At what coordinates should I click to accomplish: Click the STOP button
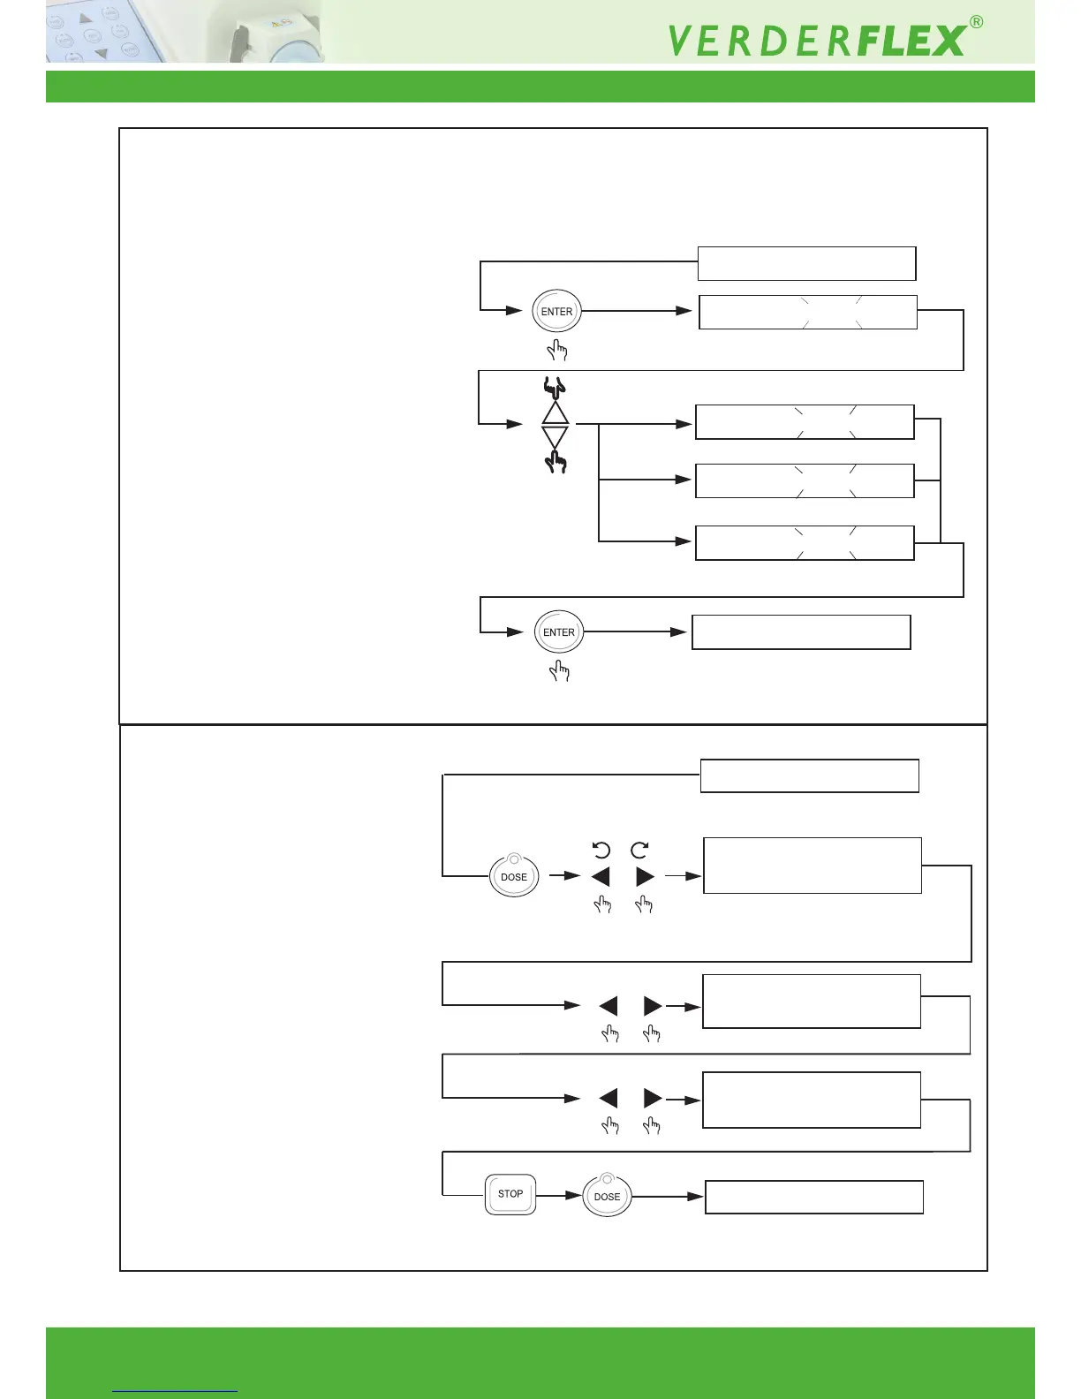[x=510, y=1194]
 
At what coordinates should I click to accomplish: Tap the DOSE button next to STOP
[x=607, y=1197]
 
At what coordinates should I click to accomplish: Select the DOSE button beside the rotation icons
[x=514, y=876]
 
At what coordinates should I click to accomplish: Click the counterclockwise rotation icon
[x=601, y=850]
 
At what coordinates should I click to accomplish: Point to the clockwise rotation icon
[x=639, y=850]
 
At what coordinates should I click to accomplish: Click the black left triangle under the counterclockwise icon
[x=601, y=876]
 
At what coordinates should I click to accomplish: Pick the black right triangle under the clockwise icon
[x=645, y=876]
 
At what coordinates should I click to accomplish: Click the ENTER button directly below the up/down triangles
[x=559, y=632]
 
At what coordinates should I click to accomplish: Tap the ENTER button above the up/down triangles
[x=556, y=312]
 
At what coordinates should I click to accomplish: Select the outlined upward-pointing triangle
[x=556, y=413]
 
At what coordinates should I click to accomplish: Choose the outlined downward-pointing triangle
[x=555, y=435]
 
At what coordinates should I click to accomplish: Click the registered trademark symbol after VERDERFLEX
[x=976, y=23]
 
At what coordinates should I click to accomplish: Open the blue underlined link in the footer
[x=175, y=1390]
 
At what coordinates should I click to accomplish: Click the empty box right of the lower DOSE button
[x=813, y=1197]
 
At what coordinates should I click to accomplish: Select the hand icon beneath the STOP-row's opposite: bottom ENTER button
[x=559, y=672]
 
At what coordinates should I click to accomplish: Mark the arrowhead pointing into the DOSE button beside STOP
[x=575, y=1195]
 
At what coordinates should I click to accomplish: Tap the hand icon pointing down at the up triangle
[x=554, y=387]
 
